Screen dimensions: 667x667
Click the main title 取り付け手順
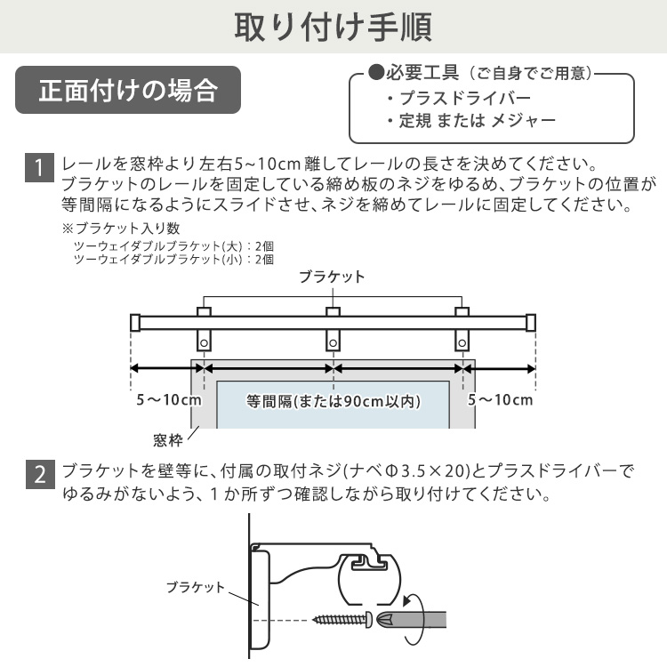[x=333, y=27]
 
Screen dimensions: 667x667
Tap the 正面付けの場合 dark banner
[x=128, y=90]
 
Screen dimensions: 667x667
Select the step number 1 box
[x=39, y=167]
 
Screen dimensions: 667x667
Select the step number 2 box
[x=39, y=474]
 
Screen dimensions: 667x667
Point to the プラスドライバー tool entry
[x=459, y=98]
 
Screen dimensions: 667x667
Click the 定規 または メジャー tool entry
[x=470, y=121]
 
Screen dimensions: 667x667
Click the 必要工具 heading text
[x=422, y=73]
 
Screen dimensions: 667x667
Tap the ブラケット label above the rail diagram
[x=332, y=277]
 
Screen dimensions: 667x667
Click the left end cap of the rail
[x=135, y=323]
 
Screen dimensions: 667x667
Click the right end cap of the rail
[x=530, y=323]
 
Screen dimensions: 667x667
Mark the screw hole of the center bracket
[x=333, y=343]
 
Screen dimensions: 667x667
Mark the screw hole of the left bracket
[x=204, y=343]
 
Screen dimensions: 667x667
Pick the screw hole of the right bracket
[x=462, y=343]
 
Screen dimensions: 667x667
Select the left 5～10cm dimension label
[x=169, y=400]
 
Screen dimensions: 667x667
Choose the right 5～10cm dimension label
[x=500, y=400]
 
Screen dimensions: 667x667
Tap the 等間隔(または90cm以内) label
[x=333, y=401]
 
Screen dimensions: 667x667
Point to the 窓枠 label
[x=168, y=440]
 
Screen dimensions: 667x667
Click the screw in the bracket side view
[x=342, y=619]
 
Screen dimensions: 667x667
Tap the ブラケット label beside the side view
[x=196, y=588]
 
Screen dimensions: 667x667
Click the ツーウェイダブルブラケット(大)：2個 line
[x=174, y=245]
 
